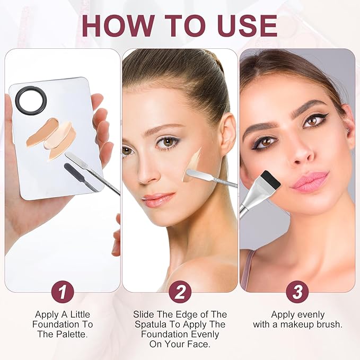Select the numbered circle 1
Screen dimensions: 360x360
tap(63, 292)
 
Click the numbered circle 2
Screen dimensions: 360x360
tap(180, 292)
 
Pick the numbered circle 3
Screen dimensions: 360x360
tap(297, 292)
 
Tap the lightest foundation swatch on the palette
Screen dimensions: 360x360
tap(58, 135)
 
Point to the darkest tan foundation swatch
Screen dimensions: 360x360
tap(41, 132)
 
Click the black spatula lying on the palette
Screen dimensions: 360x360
tap(81, 177)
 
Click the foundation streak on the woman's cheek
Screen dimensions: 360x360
tap(193, 164)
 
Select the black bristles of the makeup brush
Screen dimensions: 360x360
tap(271, 179)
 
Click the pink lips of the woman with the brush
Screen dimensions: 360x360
tap(310, 181)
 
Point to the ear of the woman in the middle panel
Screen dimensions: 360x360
tap(227, 135)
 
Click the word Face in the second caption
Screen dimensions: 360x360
tap(199, 344)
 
